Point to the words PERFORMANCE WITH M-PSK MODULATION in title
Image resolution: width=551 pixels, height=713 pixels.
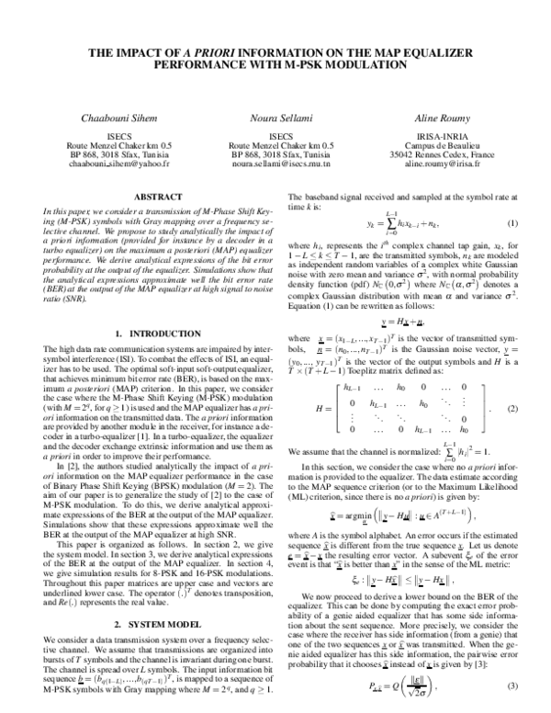click(275, 66)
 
